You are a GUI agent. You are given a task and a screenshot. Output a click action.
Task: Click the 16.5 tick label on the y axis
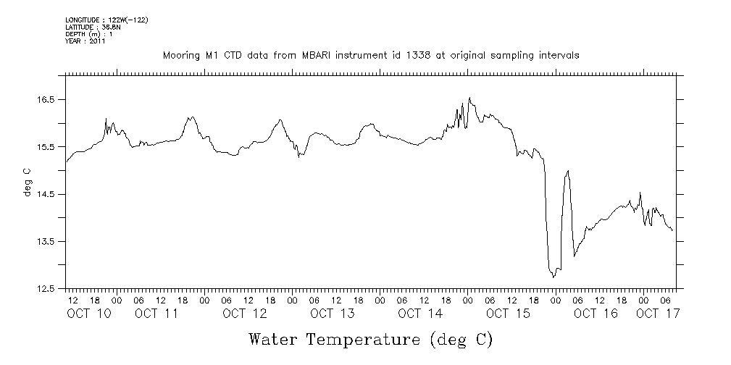tap(47, 99)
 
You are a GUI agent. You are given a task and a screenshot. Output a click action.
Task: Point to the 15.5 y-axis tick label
tap(47, 147)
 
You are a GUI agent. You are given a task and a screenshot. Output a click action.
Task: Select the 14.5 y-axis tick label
tap(47, 194)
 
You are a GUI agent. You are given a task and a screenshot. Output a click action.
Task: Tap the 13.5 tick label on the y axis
tap(47, 241)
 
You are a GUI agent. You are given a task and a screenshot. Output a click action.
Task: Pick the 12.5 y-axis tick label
tap(47, 289)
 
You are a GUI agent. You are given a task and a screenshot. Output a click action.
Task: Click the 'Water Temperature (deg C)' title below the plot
tap(371, 338)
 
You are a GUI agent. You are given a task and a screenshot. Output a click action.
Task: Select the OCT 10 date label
tap(88, 314)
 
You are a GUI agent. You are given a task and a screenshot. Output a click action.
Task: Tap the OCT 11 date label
tap(156, 314)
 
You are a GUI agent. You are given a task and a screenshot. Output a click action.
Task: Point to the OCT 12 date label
tap(244, 314)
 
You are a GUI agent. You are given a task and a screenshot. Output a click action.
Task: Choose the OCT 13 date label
tap(332, 314)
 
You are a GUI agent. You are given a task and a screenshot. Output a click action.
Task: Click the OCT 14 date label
tap(420, 314)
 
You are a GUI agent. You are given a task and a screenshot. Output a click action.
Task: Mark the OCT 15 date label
tap(508, 314)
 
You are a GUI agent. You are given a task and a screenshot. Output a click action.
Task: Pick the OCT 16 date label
tap(596, 314)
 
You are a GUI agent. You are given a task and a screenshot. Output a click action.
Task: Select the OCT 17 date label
tap(657, 314)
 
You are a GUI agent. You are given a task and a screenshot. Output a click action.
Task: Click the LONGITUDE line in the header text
tap(106, 20)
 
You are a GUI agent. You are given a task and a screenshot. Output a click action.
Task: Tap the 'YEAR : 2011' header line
tap(85, 41)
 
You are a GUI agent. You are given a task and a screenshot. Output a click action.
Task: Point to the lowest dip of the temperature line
tap(554, 277)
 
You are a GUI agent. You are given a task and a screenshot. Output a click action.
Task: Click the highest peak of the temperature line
tap(470, 98)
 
